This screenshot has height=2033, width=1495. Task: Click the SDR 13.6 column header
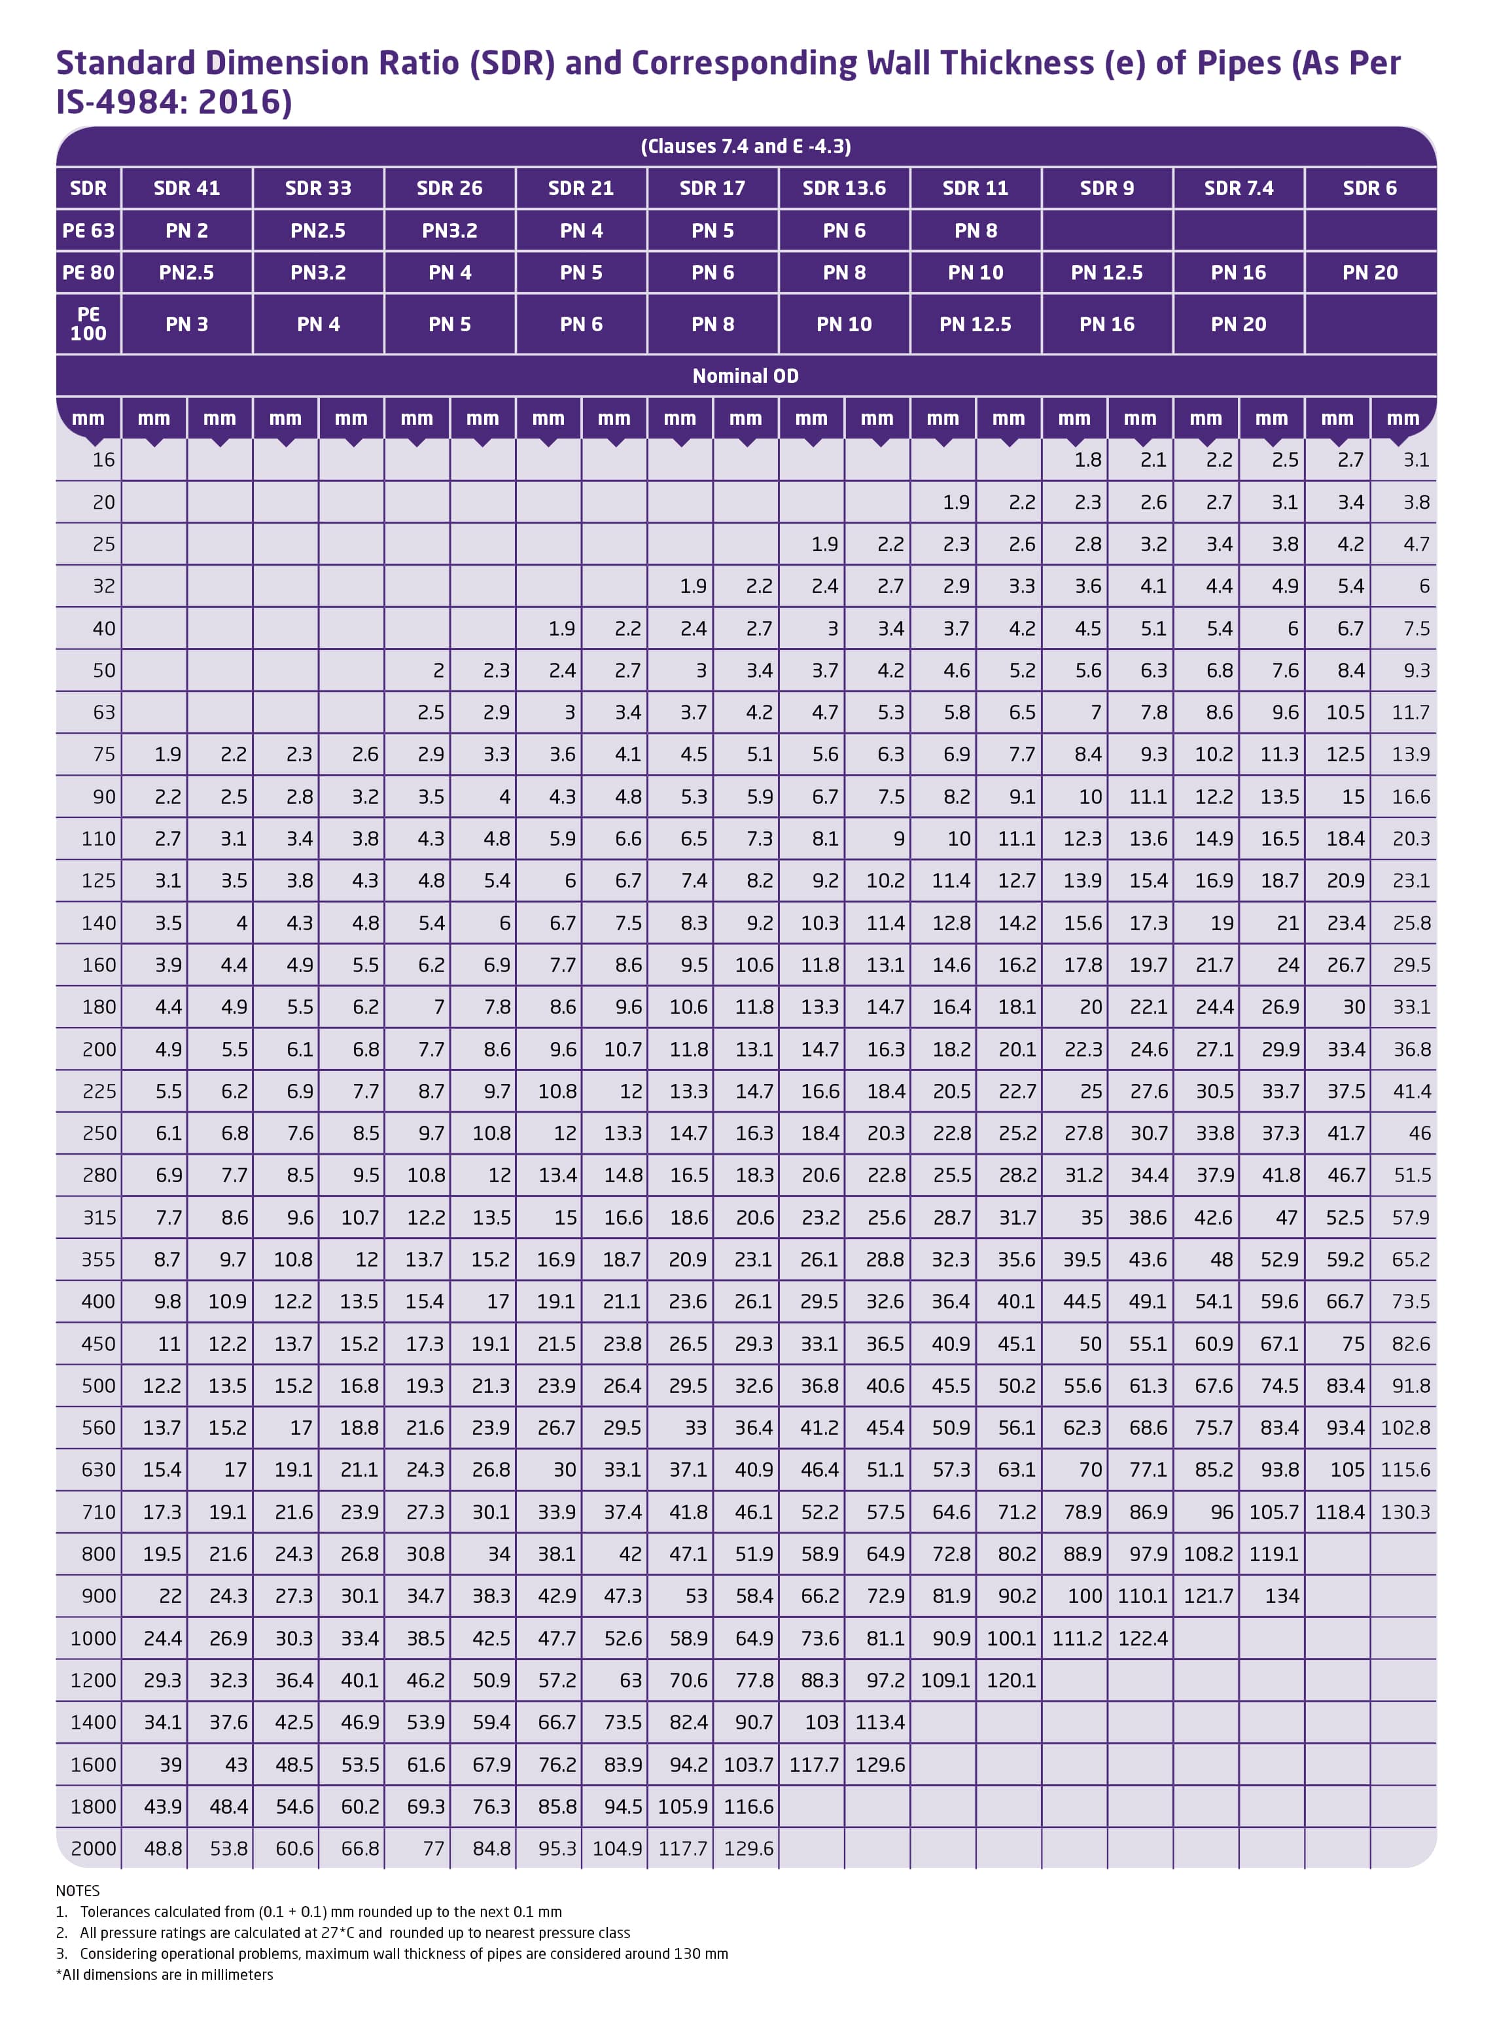point(843,189)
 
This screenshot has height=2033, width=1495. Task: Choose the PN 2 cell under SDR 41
point(186,231)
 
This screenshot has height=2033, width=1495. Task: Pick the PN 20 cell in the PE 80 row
point(1369,272)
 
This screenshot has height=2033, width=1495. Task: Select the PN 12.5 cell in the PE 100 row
point(975,324)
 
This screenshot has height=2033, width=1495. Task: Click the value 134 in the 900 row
point(1282,1596)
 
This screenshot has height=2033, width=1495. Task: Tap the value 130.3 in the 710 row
point(1405,1511)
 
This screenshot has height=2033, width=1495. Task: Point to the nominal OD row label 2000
point(93,1848)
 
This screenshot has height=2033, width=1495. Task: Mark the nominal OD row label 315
point(99,1217)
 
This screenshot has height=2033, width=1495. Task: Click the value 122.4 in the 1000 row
point(1142,1638)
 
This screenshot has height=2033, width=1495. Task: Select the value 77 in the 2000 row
point(434,1848)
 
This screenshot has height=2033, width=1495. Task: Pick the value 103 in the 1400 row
point(821,1723)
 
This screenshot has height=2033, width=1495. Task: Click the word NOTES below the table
point(78,1891)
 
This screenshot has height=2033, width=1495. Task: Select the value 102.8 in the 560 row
point(1405,1428)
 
